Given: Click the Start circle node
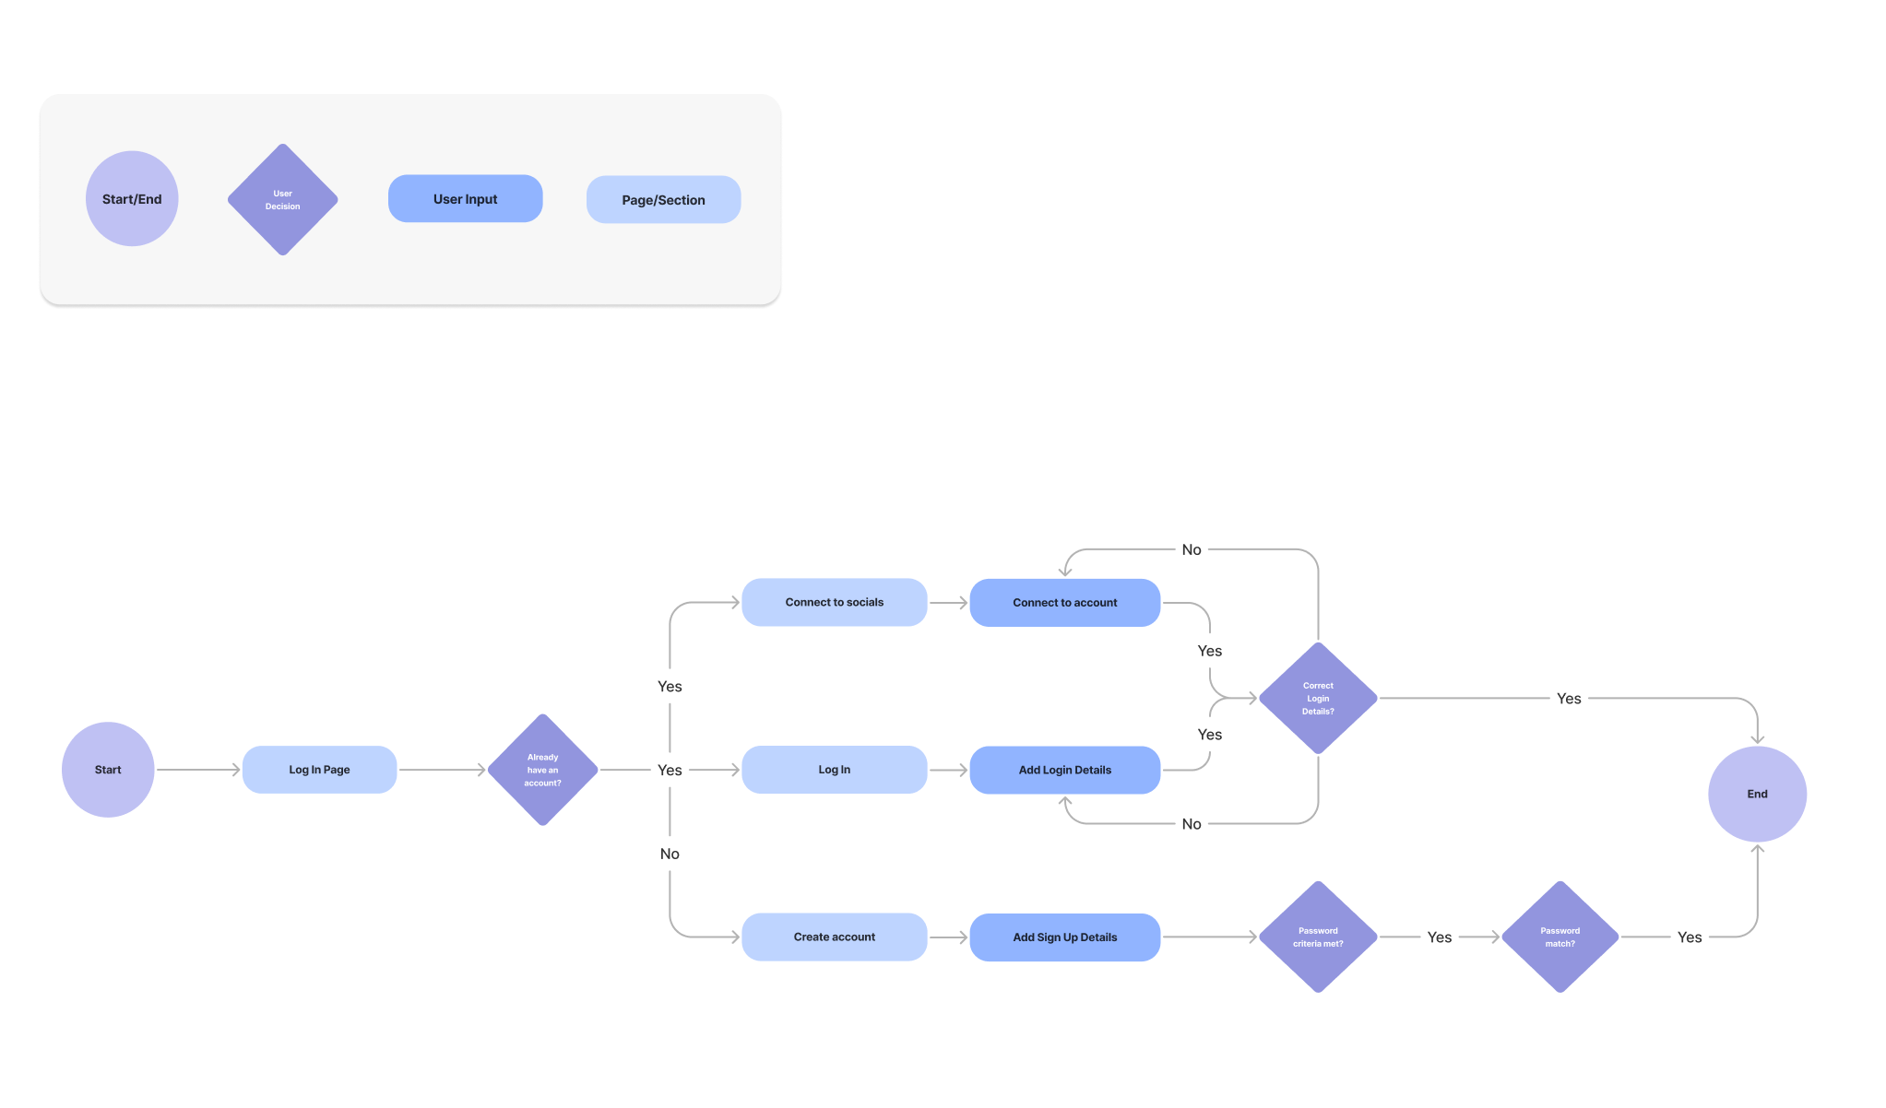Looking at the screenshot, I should pyautogui.click(x=108, y=770).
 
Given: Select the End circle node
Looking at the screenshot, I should pyautogui.click(x=1757, y=794).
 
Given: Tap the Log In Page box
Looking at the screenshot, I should pyautogui.click(x=319, y=770).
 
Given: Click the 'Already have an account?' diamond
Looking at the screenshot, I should pyautogui.click(x=542, y=770).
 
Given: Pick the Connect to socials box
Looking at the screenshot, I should pyautogui.click(x=834, y=602).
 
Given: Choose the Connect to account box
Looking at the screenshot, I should pyautogui.click(x=1064, y=602).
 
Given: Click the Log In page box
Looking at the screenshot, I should pyautogui.click(x=834, y=770).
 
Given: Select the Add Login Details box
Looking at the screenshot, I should pyautogui.click(x=1064, y=770).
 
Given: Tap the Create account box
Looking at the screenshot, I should pyautogui.click(x=834, y=937).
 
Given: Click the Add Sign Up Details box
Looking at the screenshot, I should pyautogui.click(x=1064, y=937).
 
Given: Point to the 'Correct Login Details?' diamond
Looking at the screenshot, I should pyautogui.click(x=1318, y=698).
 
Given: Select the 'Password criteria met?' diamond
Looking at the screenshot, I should pyautogui.click(x=1318, y=937).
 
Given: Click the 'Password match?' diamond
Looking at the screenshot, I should pyautogui.click(x=1560, y=937).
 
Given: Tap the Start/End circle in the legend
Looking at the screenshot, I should pyautogui.click(x=132, y=199).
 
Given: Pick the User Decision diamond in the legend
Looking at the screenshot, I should pyautogui.click(x=282, y=199).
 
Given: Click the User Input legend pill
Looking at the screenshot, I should pyautogui.click(x=465, y=199).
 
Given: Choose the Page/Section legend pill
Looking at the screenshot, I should pyautogui.click(x=663, y=200).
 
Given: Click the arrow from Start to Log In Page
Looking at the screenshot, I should pyautogui.click(x=198, y=770).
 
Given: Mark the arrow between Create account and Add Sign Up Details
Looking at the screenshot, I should pyautogui.click(x=948, y=937).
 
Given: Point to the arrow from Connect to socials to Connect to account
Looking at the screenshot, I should pyautogui.click(x=948, y=602).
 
